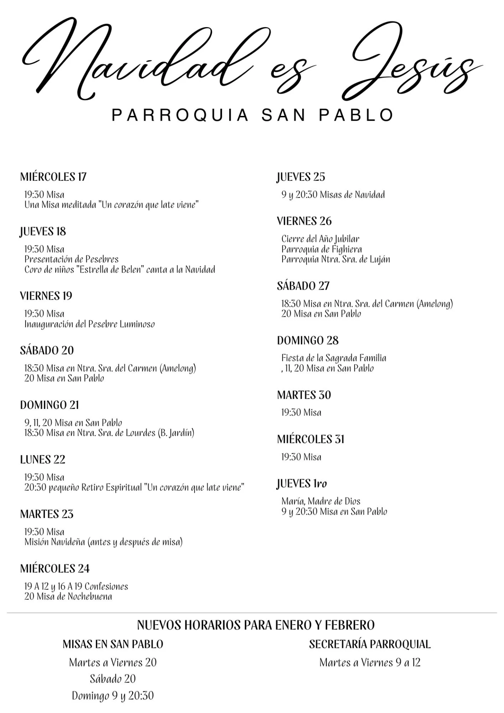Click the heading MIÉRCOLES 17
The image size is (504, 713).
point(53,177)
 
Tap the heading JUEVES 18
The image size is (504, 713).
point(43,231)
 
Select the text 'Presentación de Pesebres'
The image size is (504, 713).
point(71,259)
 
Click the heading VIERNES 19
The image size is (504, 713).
point(46,296)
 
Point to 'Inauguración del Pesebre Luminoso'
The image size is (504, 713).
point(90,324)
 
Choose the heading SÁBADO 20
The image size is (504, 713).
point(47,351)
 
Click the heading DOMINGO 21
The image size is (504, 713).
point(49,405)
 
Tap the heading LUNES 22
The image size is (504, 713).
point(43,460)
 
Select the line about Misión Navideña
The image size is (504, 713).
point(103,542)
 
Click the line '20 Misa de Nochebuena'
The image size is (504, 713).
point(68,597)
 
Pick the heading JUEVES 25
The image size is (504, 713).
point(301,177)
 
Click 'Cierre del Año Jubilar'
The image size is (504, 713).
point(320,239)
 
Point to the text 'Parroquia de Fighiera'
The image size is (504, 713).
point(321,249)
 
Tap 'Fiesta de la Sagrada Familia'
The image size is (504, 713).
point(334,358)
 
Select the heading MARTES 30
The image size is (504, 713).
point(304,395)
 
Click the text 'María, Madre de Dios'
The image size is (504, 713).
point(321,501)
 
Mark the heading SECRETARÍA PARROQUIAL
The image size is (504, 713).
point(370,644)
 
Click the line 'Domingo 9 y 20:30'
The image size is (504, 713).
point(113,696)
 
